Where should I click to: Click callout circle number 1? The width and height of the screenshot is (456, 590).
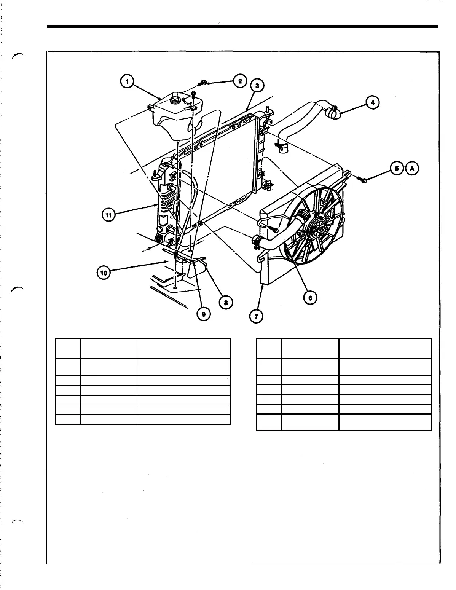pyautogui.click(x=126, y=81)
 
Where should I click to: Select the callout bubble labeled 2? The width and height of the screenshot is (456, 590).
pyautogui.click(x=240, y=81)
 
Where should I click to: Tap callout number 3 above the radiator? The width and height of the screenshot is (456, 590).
pyautogui.click(x=257, y=86)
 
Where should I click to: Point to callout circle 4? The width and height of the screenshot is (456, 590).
pyautogui.click(x=373, y=102)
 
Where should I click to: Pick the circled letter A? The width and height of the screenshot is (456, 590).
pyautogui.click(x=412, y=168)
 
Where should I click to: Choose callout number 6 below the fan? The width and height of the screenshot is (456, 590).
pyautogui.click(x=310, y=298)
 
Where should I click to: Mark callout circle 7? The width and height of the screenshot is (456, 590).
pyautogui.click(x=256, y=316)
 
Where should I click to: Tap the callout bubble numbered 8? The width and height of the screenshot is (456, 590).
pyautogui.click(x=226, y=303)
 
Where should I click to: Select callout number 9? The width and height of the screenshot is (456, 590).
pyautogui.click(x=204, y=314)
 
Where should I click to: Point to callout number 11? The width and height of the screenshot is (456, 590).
pyautogui.click(x=108, y=215)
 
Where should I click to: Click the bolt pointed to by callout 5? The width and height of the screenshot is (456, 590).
pyautogui.click(x=363, y=179)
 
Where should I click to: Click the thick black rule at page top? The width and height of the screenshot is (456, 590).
pyautogui.click(x=242, y=26)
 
